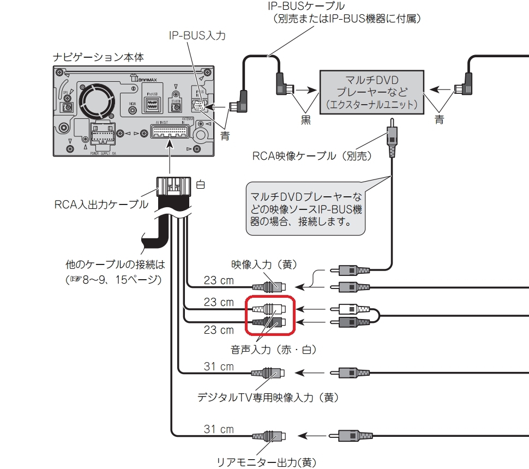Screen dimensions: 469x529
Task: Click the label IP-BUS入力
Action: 197,36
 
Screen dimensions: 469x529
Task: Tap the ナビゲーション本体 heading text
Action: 98,57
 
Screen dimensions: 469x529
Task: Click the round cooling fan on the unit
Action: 97,101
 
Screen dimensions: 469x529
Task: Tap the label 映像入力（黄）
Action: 264,265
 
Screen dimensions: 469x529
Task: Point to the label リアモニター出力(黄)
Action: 267,462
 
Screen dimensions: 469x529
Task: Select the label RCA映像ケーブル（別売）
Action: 311,156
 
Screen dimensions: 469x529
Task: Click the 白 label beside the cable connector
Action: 201,185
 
